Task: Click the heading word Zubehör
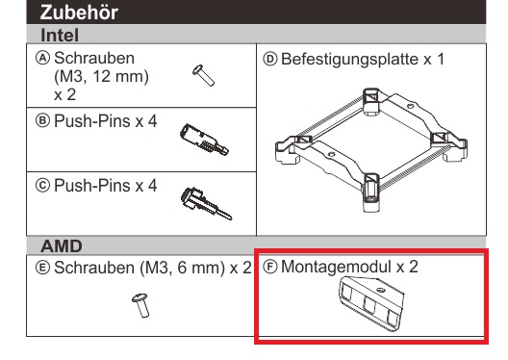[79, 13]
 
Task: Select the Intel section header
[60, 35]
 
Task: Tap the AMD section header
[62, 246]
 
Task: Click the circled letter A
[42, 59]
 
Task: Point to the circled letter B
[42, 121]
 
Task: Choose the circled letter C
[42, 186]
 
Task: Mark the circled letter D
[270, 60]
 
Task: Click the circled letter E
[42, 268]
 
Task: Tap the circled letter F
[270, 267]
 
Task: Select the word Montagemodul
[336, 267]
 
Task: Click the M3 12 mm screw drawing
[203, 75]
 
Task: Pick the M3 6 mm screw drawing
[140, 305]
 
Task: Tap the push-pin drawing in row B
[204, 140]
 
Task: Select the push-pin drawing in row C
[206, 203]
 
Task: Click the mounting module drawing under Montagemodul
[371, 304]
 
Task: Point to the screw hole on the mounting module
[380, 290]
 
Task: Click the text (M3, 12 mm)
[101, 77]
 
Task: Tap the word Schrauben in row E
[94, 268]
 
